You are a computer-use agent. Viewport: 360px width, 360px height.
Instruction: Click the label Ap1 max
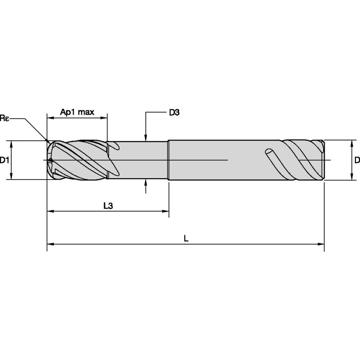click(77, 112)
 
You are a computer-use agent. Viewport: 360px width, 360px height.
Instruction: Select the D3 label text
click(175, 113)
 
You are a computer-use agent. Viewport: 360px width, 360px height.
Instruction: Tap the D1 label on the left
click(5, 160)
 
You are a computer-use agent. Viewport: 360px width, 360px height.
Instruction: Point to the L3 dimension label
click(108, 205)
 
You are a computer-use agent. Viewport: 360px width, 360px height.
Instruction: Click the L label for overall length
click(186, 238)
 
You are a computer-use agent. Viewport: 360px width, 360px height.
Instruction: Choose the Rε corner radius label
click(4, 118)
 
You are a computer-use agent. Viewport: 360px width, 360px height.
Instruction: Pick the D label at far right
click(357, 160)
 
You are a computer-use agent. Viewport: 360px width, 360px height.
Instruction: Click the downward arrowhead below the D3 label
click(145, 137)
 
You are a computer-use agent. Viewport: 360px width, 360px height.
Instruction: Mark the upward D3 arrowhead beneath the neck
click(145, 183)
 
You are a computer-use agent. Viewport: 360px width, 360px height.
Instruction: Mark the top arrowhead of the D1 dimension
click(12, 143)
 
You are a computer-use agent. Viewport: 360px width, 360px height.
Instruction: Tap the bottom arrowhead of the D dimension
click(352, 177)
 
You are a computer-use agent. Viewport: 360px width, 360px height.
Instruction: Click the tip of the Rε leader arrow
click(48, 141)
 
